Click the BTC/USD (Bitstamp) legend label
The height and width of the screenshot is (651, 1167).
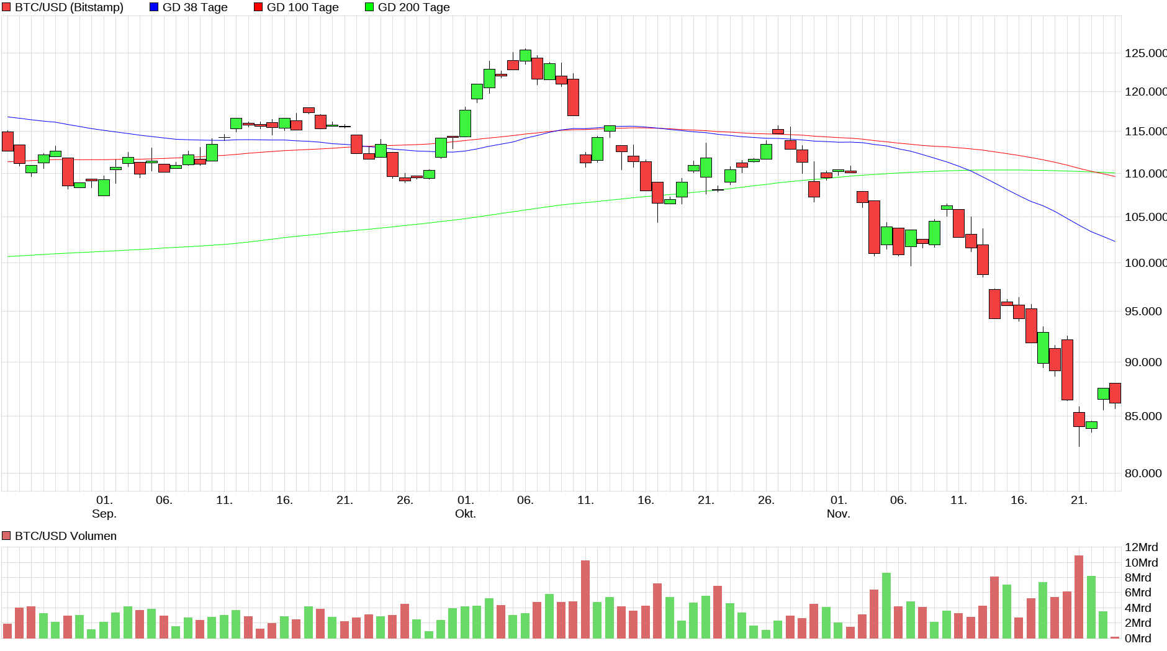[x=68, y=7]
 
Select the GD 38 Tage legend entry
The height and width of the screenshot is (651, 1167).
[x=194, y=7]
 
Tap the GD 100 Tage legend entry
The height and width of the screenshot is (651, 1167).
[x=302, y=7]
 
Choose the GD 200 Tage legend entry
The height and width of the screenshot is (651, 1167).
[x=413, y=7]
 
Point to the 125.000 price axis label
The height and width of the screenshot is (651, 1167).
[x=1145, y=53]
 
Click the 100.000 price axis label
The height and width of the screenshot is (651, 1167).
[x=1145, y=263]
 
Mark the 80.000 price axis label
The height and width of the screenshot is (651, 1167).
[x=1143, y=474]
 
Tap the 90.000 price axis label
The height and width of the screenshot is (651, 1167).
[x=1143, y=362]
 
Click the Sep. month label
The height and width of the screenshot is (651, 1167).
[x=104, y=514]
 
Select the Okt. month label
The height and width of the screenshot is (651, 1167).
[x=465, y=514]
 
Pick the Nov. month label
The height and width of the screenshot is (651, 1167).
[x=838, y=514]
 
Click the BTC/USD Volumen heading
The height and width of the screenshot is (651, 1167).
[x=65, y=536]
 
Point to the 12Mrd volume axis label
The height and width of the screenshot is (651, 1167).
[x=1141, y=547]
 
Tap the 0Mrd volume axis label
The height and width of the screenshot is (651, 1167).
[x=1138, y=639]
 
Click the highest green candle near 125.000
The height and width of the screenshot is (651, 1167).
[x=525, y=55]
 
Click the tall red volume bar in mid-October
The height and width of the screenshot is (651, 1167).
[x=585, y=599]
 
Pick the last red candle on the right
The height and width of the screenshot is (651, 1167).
[x=1115, y=393]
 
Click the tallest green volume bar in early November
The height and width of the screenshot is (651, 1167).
[x=886, y=606]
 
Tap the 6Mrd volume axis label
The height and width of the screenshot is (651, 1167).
[x=1138, y=593]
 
